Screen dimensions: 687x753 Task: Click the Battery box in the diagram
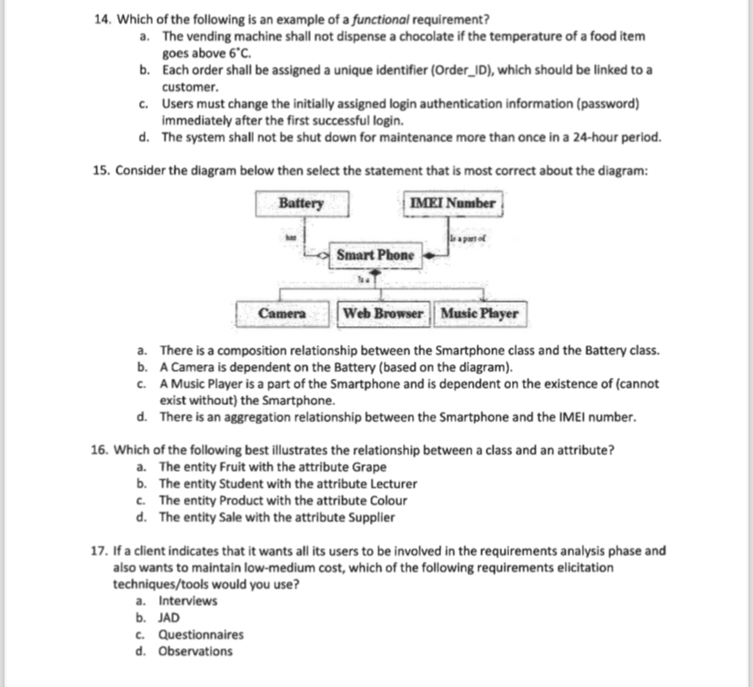point(300,204)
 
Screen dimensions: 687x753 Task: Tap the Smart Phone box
point(376,255)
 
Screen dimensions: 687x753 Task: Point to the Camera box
point(282,314)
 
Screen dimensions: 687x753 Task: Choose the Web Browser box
point(385,314)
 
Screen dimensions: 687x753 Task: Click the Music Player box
point(479,314)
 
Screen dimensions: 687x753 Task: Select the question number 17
point(100,550)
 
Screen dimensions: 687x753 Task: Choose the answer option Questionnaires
point(201,634)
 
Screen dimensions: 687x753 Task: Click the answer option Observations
point(196,652)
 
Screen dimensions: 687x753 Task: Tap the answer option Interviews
point(188,601)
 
